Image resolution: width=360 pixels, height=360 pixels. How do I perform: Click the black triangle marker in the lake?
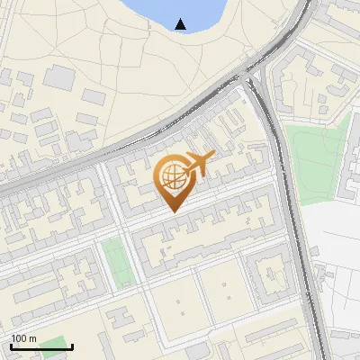pos(182,24)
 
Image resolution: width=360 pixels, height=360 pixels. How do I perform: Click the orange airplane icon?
pos(199,164)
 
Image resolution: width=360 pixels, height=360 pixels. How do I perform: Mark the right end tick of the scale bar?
pos(73,346)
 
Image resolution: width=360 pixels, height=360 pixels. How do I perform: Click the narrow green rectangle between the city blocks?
pos(113,258)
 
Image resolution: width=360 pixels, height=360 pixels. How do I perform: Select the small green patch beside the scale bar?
pos(54,344)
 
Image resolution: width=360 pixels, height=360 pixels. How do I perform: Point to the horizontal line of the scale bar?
pos(40,347)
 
